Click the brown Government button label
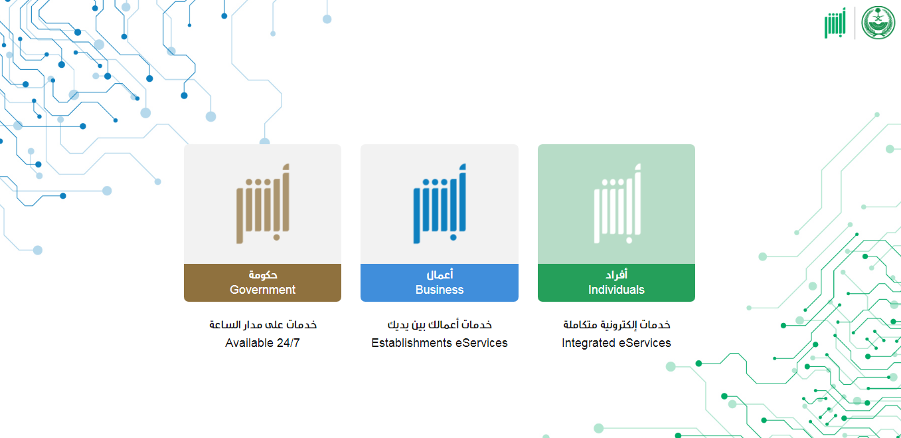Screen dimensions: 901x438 [262, 282]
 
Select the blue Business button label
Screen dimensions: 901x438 [440, 282]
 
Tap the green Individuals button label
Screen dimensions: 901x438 [616, 282]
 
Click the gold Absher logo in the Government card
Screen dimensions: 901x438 [263, 203]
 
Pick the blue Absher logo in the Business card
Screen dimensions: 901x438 [440, 203]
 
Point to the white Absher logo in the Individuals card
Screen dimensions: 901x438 [617, 203]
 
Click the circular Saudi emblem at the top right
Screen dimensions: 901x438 [878, 23]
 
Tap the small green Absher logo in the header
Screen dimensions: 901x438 [835, 23]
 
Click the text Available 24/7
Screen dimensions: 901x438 [262, 342]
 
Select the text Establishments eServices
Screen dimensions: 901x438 [440, 342]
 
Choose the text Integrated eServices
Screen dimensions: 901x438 [616, 342]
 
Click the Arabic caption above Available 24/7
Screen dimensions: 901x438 [263, 324]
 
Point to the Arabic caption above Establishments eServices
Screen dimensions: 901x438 [440, 324]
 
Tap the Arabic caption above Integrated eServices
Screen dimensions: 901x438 [616, 324]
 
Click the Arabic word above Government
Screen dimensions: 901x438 [263, 275]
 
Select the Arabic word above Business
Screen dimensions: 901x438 [440, 274]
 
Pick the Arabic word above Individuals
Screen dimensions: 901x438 [617, 274]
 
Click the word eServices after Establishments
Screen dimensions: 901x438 [481, 342]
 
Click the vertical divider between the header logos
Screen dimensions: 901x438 [855, 23]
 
